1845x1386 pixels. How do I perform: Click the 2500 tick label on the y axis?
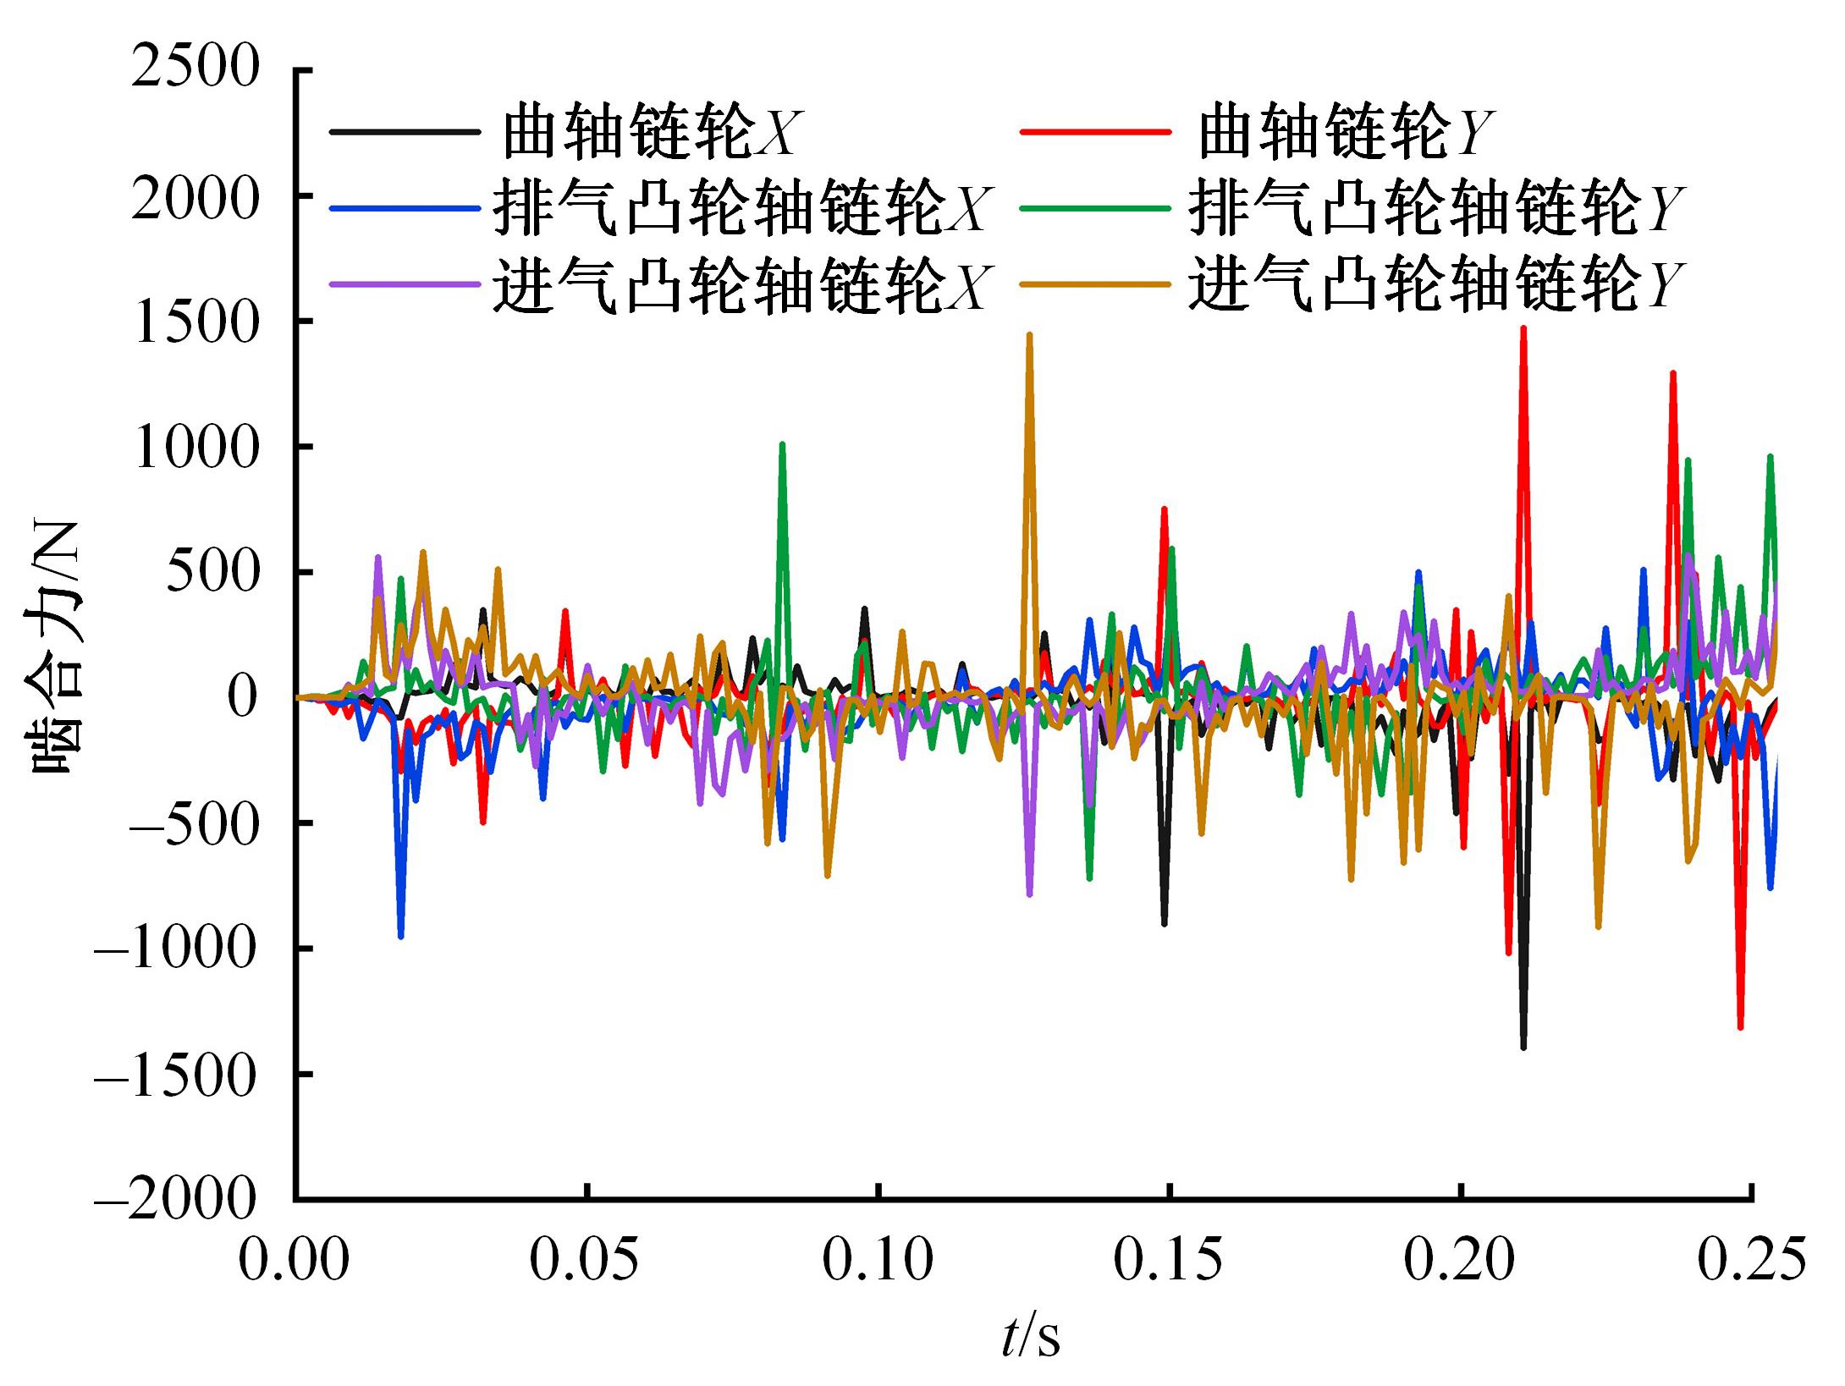195,68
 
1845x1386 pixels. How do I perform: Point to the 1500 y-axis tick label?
195,322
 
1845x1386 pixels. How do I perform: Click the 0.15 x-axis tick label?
1168,1261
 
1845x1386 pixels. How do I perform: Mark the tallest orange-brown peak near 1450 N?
1029,335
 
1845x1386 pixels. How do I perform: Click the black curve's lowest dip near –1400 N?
1523,1048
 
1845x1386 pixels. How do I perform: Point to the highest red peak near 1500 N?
1523,328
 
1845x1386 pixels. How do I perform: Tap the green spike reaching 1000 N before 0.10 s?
782,444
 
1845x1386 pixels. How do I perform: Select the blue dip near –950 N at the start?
400,936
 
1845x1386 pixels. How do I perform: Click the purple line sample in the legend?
403,284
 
